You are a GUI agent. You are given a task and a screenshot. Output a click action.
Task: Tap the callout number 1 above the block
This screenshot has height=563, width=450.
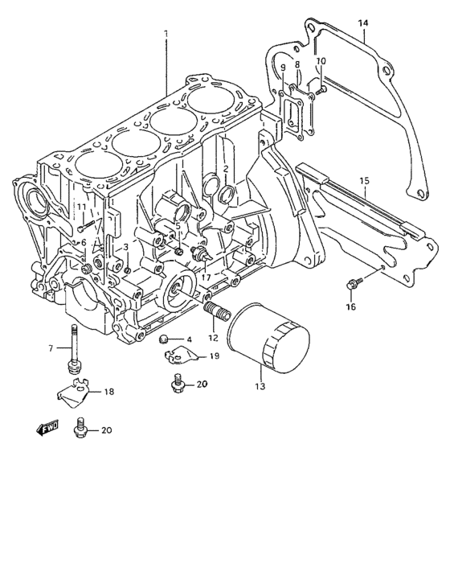point(166,33)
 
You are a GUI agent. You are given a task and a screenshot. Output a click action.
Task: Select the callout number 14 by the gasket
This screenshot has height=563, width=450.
point(362,24)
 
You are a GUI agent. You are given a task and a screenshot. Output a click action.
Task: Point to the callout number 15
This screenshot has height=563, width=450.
point(363,182)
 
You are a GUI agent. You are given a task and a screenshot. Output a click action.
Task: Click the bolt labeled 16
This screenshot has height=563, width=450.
point(352,282)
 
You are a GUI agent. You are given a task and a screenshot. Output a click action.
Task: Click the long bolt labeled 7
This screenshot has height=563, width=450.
point(74,347)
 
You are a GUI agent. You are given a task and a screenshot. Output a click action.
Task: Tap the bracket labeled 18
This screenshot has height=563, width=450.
point(74,392)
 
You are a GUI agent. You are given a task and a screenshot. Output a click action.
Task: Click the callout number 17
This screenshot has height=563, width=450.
point(206,277)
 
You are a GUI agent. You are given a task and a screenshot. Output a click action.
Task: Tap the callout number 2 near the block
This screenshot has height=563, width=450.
point(227,168)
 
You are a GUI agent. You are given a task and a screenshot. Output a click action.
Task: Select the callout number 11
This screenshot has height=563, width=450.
point(81,208)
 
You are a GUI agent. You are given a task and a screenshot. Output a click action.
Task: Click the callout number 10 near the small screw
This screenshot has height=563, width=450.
point(321,61)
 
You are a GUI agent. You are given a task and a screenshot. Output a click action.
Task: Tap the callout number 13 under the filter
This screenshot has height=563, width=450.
point(260,386)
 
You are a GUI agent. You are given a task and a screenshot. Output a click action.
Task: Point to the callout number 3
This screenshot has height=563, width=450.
point(125,246)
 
